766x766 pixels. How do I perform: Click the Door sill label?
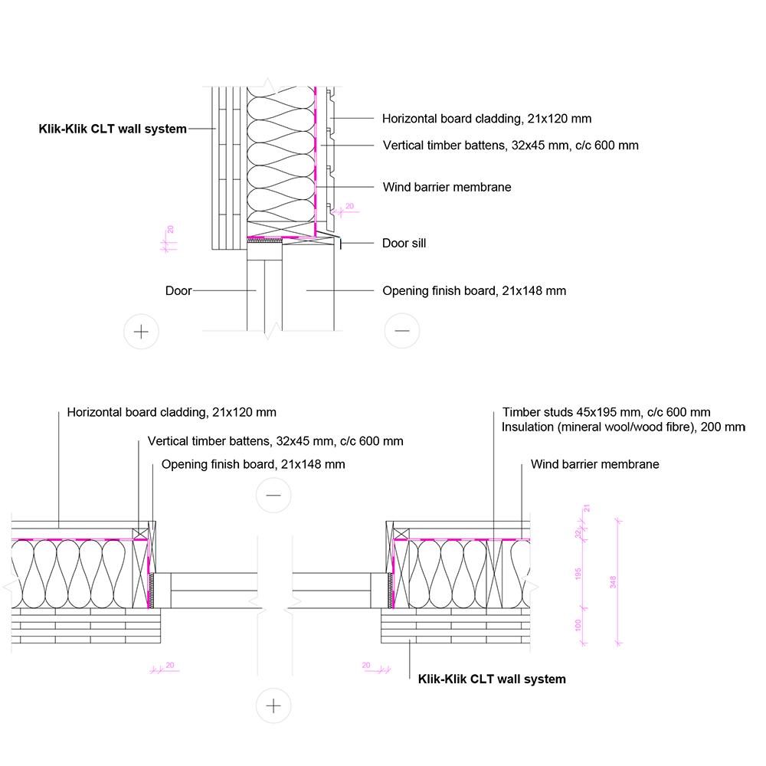404,244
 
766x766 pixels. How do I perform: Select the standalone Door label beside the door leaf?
178,291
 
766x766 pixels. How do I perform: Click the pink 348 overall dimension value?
613,582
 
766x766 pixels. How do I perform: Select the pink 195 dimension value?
578,573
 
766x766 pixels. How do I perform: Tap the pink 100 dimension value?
578,625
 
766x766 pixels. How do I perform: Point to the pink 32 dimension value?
578,535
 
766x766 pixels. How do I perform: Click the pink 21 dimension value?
587,509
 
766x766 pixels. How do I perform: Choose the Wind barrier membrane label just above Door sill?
447,187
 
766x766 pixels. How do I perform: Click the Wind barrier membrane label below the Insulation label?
594,464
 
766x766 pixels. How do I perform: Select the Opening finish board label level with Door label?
474,291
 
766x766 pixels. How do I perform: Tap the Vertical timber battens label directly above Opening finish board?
275,441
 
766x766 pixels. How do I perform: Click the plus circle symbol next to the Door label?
141,332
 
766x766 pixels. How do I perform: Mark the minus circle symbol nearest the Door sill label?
401,332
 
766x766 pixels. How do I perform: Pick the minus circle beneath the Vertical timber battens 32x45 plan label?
273,496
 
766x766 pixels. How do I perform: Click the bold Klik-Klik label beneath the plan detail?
492,679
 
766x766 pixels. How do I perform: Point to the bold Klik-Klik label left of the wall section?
113,129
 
